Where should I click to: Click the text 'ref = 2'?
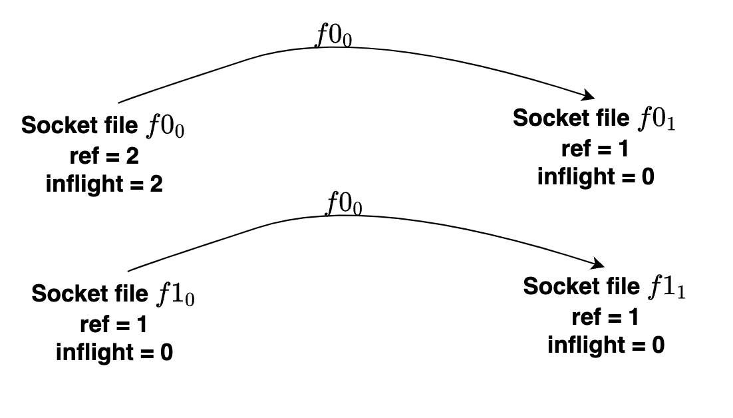[104, 156]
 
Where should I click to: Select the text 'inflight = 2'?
[104, 184]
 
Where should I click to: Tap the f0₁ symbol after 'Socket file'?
[657, 119]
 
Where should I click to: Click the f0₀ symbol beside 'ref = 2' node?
[165, 126]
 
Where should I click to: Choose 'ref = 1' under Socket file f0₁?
[595, 149]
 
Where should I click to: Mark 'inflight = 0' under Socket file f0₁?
[595, 176]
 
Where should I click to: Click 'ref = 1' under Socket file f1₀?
[114, 325]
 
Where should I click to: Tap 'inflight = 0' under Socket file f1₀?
[114, 352]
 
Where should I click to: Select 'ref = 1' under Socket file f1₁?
[605, 317]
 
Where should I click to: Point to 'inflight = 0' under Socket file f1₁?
[605, 345]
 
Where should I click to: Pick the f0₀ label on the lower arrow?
[343, 204]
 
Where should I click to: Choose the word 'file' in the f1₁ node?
[621, 287]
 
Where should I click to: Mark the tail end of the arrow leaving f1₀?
[129, 270]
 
